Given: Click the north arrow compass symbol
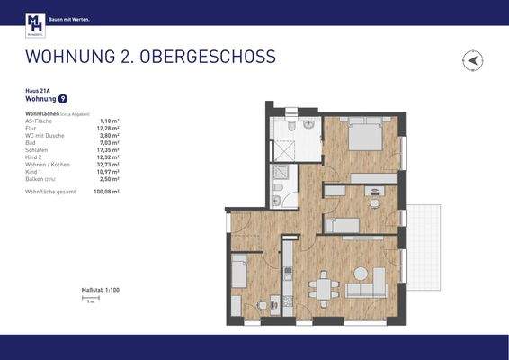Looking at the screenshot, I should pyautogui.click(x=473, y=61).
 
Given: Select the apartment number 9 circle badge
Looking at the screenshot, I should pyautogui.click(x=62, y=99).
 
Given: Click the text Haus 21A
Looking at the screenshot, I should pyautogui.click(x=38, y=92).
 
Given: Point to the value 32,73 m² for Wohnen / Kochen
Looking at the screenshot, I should pyautogui.click(x=109, y=165).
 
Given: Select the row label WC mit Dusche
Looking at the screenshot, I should pyautogui.click(x=42, y=135).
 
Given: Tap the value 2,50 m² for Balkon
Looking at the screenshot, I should pyautogui.click(x=110, y=178).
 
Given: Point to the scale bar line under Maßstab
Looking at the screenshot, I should pyautogui.click(x=90, y=298).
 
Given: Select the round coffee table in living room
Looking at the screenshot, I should pyautogui.click(x=362, y=273).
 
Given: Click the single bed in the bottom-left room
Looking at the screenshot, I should pyautogui.click(x=239, y=271).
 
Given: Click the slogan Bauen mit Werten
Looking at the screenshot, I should pyautogui.click(x=69, y=18).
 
